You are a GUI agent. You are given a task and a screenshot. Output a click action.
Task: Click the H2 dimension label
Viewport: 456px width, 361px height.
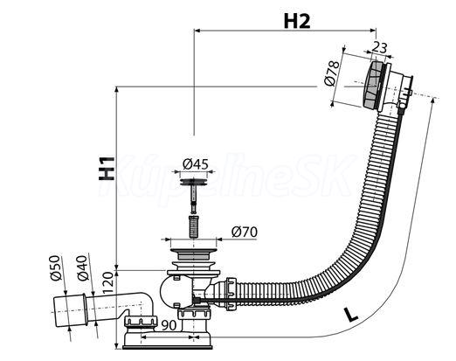[x=297, y=21]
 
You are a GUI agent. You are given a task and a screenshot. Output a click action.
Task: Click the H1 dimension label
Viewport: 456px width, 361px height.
[x=107, y=169]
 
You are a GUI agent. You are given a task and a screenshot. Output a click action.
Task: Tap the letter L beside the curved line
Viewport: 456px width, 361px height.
[x=350, y=315]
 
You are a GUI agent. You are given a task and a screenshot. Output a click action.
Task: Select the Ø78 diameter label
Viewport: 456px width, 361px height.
[x=332, y=73]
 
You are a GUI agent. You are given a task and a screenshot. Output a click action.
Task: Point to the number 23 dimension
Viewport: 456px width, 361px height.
[x=380, y=47]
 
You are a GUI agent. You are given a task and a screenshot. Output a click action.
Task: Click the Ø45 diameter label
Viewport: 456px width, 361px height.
[x=196, y=164]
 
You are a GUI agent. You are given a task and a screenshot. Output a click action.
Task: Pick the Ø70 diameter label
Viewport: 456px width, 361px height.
[x=245, y=232]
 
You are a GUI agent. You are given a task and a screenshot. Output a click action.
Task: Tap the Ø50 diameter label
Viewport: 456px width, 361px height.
[x=55, y=267]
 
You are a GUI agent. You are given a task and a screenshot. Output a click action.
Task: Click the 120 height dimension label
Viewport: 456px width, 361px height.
[x=107, y=282]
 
